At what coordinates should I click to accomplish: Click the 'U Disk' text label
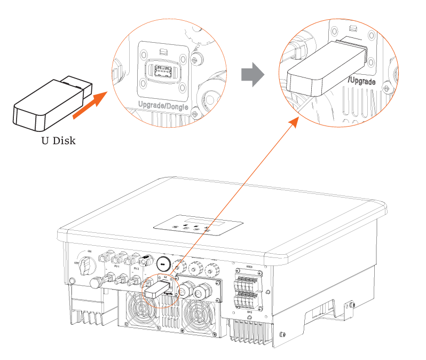point(59,142)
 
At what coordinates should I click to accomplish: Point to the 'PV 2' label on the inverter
point(136,268)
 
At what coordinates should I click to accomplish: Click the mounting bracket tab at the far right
point(351,305)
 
